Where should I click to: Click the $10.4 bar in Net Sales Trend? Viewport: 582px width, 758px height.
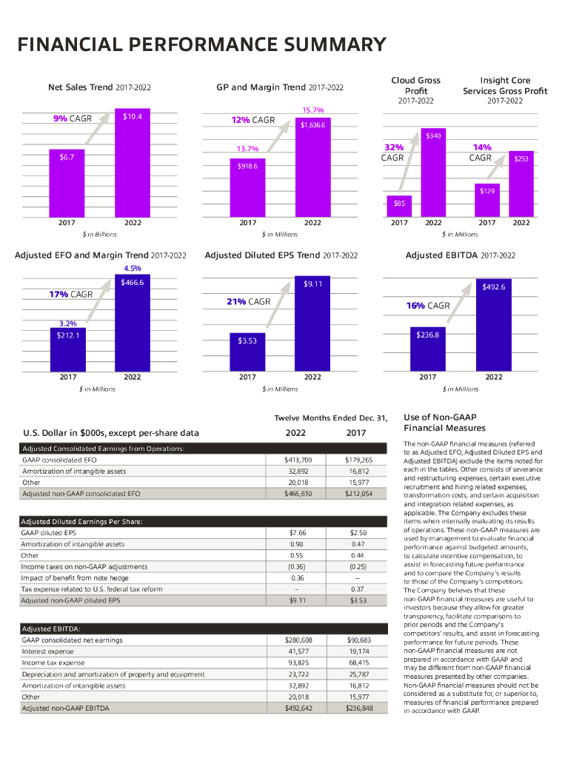133,163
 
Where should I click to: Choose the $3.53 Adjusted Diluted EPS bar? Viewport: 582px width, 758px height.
247,352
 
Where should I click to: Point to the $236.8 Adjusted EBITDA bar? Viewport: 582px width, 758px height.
428,349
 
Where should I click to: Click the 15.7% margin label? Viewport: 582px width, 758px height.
312,110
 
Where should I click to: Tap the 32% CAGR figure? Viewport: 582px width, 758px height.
393,147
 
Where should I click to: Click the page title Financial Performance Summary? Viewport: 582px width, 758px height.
201,45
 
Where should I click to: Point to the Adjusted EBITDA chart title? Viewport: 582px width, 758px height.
460,255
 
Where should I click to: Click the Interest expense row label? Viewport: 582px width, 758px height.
48,651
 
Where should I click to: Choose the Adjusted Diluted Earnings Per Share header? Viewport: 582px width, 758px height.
81,521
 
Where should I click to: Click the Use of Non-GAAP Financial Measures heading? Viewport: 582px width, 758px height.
444,423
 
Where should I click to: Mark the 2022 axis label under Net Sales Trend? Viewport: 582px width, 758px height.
133,222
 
